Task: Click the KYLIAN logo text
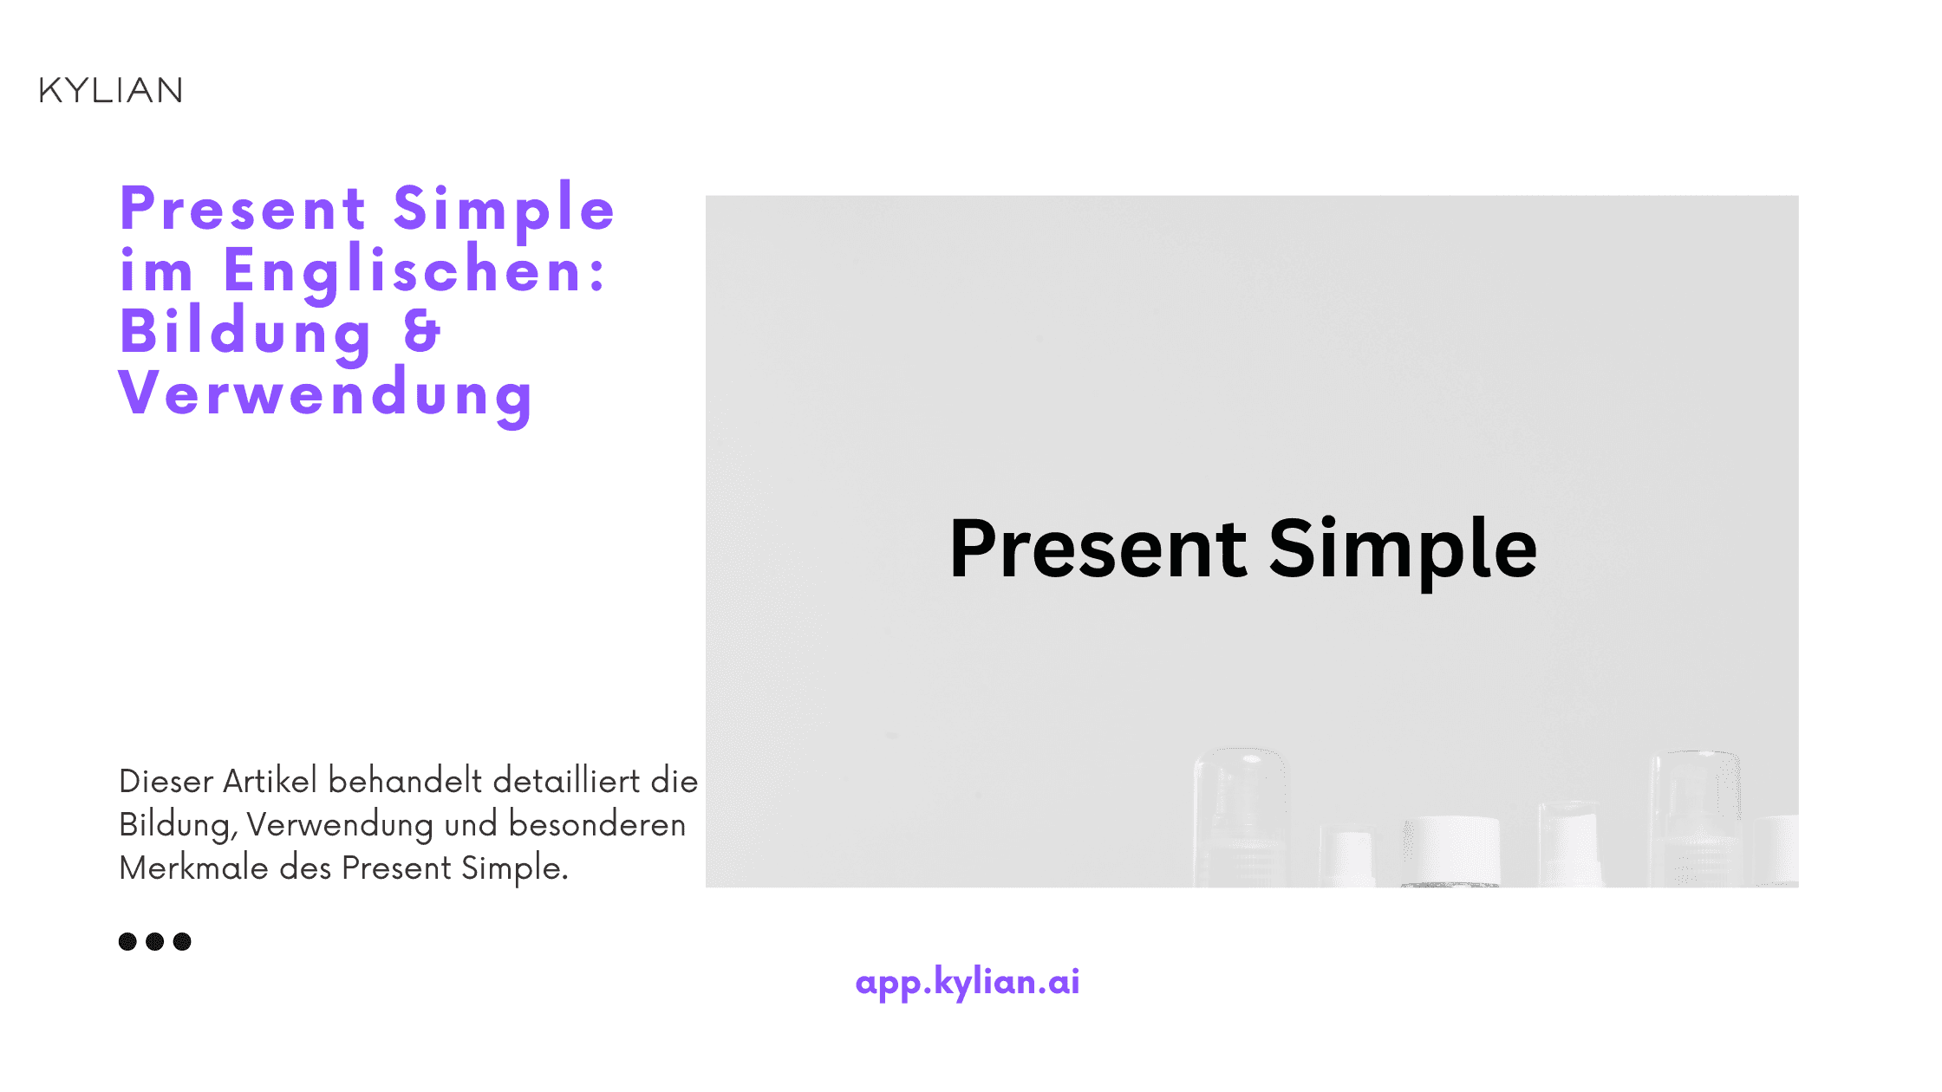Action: [x=111, y=90]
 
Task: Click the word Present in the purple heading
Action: [x=244, y=209]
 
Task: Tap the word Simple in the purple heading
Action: [x=504, y=209]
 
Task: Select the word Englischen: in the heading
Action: [x=415, y=270]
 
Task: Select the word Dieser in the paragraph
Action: [x=166, y=781]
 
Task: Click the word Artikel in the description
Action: [x=270, y=781]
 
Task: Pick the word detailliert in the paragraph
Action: [x=566, y=781]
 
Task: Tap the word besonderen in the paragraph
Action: [x=596, y=824]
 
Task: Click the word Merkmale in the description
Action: [x=193, y=868]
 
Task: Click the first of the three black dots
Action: [x=127, y=941]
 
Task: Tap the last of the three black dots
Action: [x=182, y=941]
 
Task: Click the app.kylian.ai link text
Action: [x=967, y=982]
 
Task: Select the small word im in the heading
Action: [x=156, y=270]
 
